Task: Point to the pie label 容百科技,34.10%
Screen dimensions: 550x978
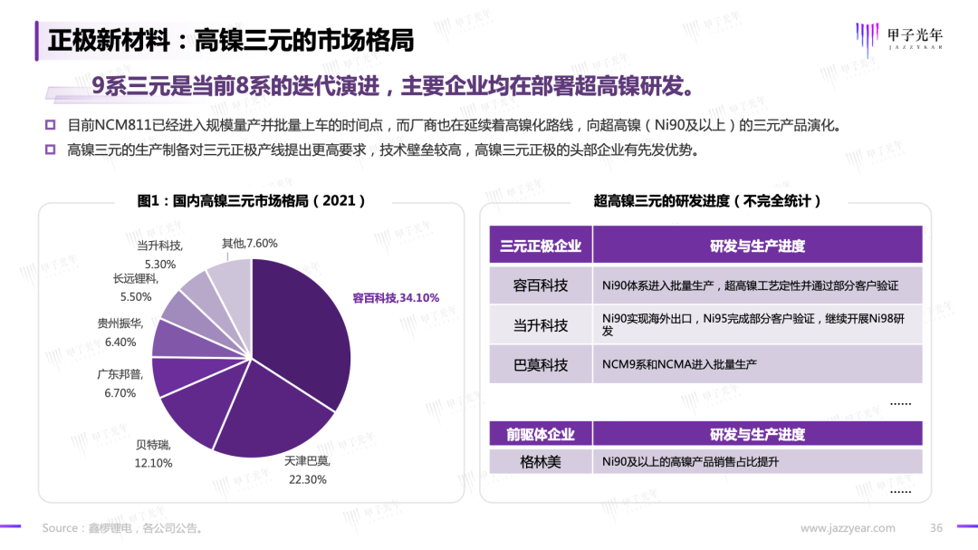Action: coord(396,298)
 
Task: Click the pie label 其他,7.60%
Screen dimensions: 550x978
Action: coord(249,243)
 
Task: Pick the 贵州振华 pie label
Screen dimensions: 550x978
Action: coord(120,333)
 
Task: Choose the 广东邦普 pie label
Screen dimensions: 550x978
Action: coord(120,384)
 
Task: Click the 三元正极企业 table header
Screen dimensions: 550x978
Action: coord(541,246)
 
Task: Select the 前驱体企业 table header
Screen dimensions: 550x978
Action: coord(541,434)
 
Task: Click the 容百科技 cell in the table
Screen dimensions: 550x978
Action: coord(541,285)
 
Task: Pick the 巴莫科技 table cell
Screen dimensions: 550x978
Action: coord(541,364)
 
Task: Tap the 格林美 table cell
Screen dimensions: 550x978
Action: coord(541,462)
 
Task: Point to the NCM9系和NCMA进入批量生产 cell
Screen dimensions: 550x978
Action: coord(679,364)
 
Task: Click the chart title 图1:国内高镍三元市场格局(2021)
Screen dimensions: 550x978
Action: coord(252,201)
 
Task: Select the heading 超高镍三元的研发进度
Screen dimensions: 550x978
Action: coord(707,201)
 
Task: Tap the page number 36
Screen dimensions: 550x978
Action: coord(936,528)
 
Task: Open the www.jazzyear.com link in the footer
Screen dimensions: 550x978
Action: coord(848,528)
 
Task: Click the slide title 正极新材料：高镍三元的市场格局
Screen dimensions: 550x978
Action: coord(231,41)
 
